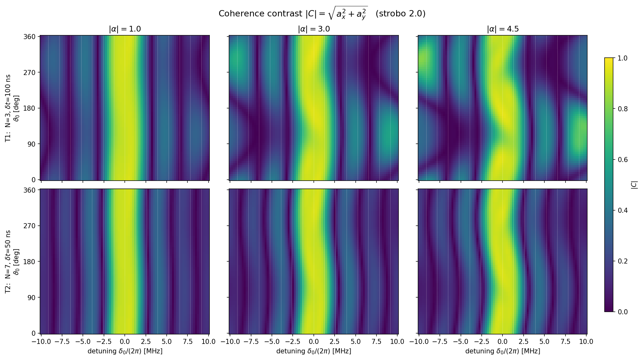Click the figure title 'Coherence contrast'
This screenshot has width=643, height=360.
(260, 14)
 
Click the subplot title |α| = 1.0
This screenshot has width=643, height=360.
(125, 29)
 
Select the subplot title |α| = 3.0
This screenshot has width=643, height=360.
(314, 29)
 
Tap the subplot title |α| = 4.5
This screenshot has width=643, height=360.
(503, 29)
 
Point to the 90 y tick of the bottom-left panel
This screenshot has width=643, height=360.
(34, 297)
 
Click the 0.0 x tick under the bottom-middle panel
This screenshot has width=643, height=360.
(314, 342)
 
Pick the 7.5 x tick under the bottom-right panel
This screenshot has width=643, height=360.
(565, 342)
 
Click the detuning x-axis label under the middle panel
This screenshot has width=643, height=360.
(314, 351)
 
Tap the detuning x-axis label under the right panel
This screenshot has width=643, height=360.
(503, 351)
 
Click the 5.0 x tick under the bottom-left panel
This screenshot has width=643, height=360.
(167, 342)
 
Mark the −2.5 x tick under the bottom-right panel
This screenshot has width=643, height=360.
(481, 342)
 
